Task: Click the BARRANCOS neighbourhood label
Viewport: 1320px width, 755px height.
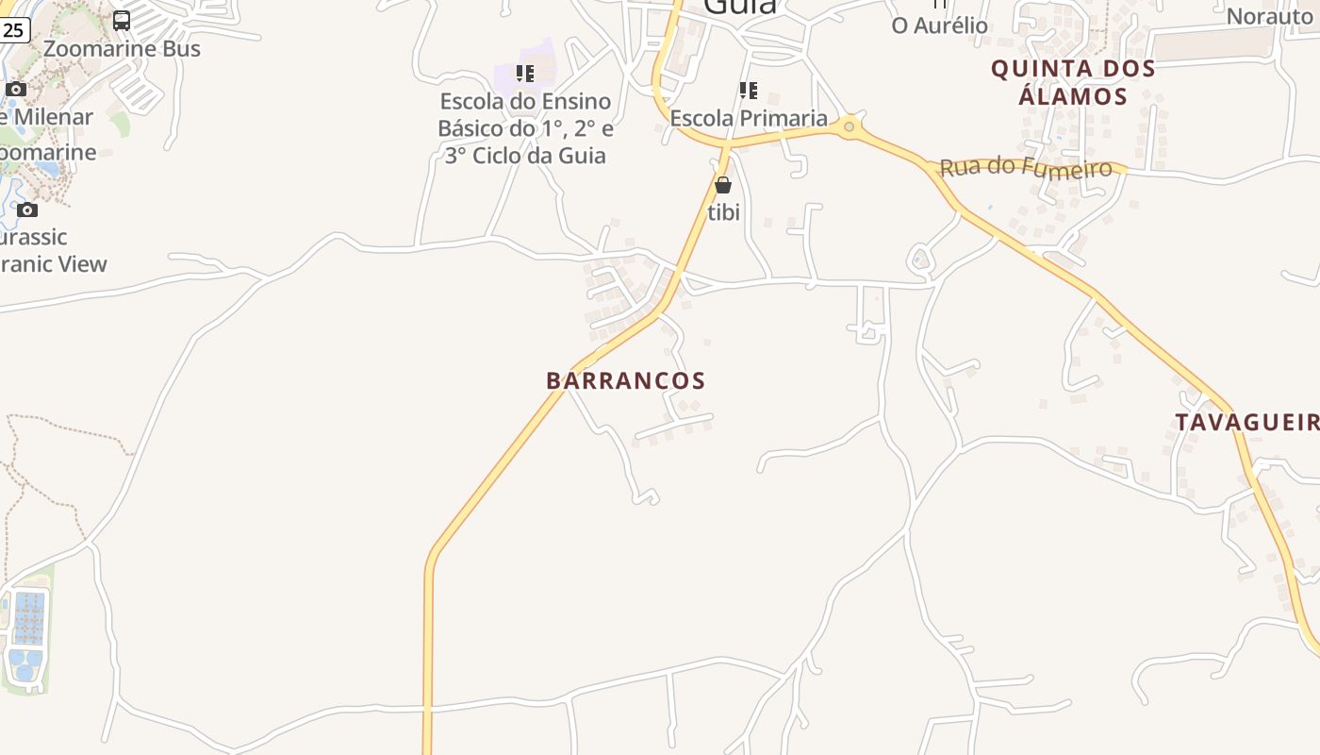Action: pyautogui.click(x=625, y=380)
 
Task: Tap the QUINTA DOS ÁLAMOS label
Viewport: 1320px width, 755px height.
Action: pyautogui.click(x=1073, y=82)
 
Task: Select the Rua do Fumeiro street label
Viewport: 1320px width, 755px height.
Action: pyautogui.click(x=1026, y=168)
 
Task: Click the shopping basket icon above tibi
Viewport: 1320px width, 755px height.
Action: pyautogui.click(x=723, y=185)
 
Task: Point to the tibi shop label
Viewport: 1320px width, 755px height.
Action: pyautogui.click(x=723, y=213)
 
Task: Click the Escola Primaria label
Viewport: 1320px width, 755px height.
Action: pyautogui.click(x=749, y=119)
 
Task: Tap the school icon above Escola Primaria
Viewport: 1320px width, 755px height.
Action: pyautogui.click(x=749, y=91)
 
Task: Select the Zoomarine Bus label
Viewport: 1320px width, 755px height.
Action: pyautogui.click(x=122, y=49)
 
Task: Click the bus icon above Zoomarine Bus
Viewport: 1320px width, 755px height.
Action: pyautogui.click(x=122, y=20)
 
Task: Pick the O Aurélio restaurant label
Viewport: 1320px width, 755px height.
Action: pyautogui.click(x=939, y=25)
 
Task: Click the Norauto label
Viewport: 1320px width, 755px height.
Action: pyautogui.click(x=1269, y=16)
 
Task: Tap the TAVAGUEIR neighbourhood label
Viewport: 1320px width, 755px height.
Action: pyautogui.click(x=1246, y=422)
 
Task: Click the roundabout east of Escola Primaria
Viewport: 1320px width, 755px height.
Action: pyautogui.click(x=850, y=126)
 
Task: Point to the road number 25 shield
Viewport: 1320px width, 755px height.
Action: pyautogui.click(x=13, y=30)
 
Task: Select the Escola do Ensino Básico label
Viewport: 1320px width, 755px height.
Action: pyautogui.click(x=525, y=128)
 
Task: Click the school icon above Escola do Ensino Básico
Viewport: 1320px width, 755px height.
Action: pyautogui.click(x=525, y=73)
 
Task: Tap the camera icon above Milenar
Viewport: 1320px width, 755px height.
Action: pyautogui.click(x=16, y=90)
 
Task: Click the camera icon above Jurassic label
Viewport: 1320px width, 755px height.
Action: pyautogui.click(x=27, y=210)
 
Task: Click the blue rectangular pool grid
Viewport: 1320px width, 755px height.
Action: pyautogui.click(x=29, y=617)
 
